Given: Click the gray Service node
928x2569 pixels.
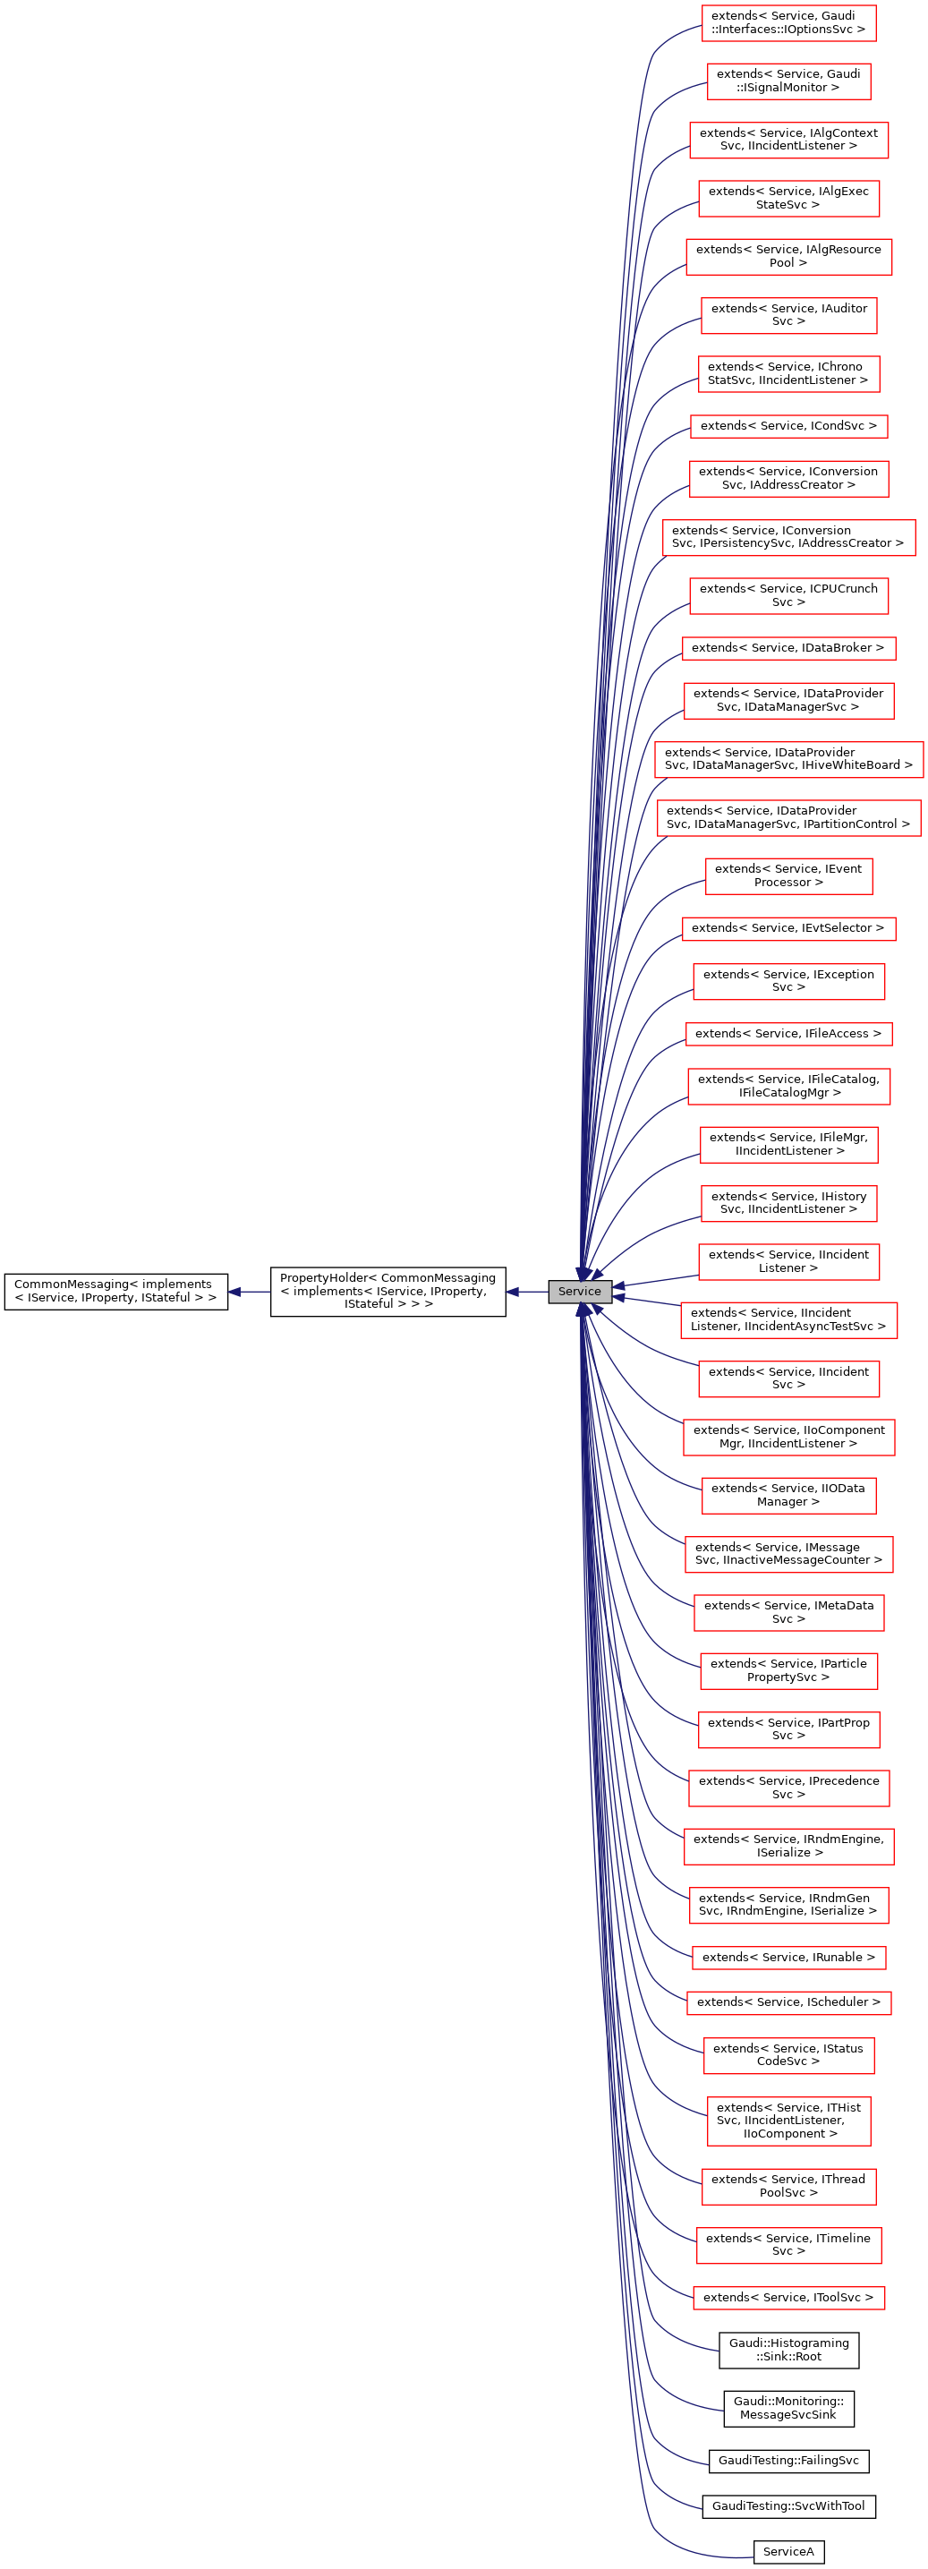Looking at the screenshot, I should tap(579, 1291).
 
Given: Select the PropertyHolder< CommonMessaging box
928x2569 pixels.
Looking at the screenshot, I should tap(387, 1291).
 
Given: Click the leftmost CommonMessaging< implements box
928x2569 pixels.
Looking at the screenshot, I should tap(115, 1291).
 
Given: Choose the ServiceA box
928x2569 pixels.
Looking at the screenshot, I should tap(788, 2551).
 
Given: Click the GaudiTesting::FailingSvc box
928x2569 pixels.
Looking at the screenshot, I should tap(788, 2461).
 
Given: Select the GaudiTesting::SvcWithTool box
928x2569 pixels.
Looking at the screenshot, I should tap(788, 2505).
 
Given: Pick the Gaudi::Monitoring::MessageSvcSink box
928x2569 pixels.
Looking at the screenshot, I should tap(788, 2408).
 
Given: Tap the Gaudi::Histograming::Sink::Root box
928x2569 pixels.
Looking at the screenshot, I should tap(788, 2350).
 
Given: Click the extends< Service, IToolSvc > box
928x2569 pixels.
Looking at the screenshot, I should tap(788, 2297).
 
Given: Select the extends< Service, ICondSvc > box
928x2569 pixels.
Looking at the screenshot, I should tap(788, 426).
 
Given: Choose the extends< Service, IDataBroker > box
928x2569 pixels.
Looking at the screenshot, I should tap(788, 647).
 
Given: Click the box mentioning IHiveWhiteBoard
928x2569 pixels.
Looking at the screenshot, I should tap(788, 759).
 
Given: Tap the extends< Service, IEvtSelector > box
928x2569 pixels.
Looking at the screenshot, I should tap(788, 927).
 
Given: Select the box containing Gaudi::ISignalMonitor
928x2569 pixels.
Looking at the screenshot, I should tap(788, 81).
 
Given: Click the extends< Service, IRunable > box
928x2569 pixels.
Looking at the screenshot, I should tap(788, 1957).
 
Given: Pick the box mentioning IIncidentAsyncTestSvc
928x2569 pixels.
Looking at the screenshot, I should tap(788, 1319).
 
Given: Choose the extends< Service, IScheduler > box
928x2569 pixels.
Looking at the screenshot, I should tap(788, 2001).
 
